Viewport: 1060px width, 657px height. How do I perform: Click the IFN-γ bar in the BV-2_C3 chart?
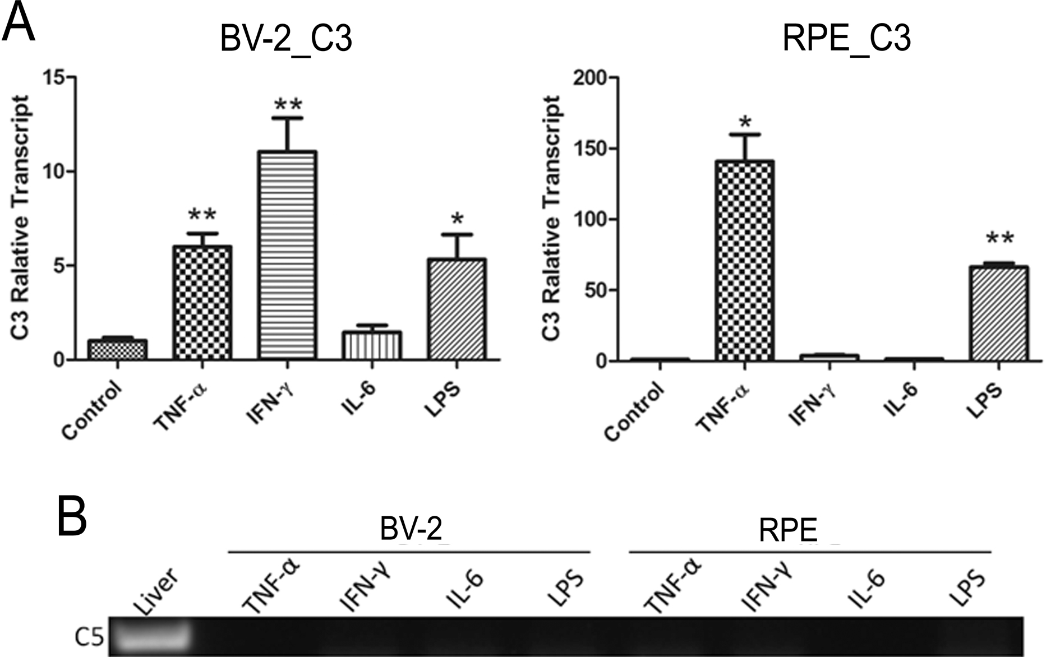(287, 255)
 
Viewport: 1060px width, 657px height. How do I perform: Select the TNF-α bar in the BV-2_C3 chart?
(202, 303)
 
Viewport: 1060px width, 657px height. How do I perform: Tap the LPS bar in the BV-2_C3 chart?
(457, 309)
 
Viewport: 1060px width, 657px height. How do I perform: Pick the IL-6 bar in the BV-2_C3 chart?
(372, 345)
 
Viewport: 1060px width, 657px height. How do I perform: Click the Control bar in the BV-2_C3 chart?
(118, 350)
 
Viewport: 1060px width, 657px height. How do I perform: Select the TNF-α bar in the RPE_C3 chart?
(744, 261)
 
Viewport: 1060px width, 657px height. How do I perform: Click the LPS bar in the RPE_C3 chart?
(998, 314)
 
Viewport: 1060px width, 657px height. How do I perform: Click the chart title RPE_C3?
(846, 39)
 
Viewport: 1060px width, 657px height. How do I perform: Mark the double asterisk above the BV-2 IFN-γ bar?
(288, 105)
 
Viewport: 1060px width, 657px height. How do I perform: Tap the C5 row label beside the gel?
(89, 638)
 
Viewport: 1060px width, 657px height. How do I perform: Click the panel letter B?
(72, 516)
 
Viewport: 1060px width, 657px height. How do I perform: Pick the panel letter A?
(19, 22)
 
